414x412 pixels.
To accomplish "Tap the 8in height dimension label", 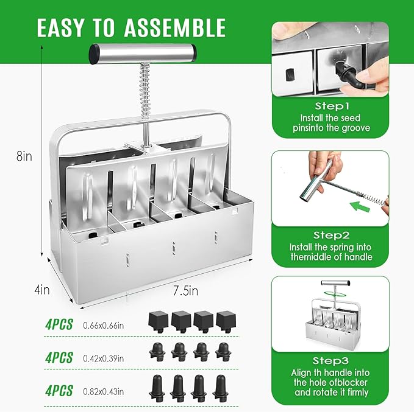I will click(x=24, y=156).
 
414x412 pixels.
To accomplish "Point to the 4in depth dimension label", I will click(x=42, y=290).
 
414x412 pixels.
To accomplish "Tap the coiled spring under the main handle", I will click(x=146, y=92).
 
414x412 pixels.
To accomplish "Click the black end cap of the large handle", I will click(x=95, y=54).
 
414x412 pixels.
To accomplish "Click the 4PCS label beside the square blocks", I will click(x=59, y=324).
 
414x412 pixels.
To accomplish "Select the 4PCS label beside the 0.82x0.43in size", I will click(x=59, y=390).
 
